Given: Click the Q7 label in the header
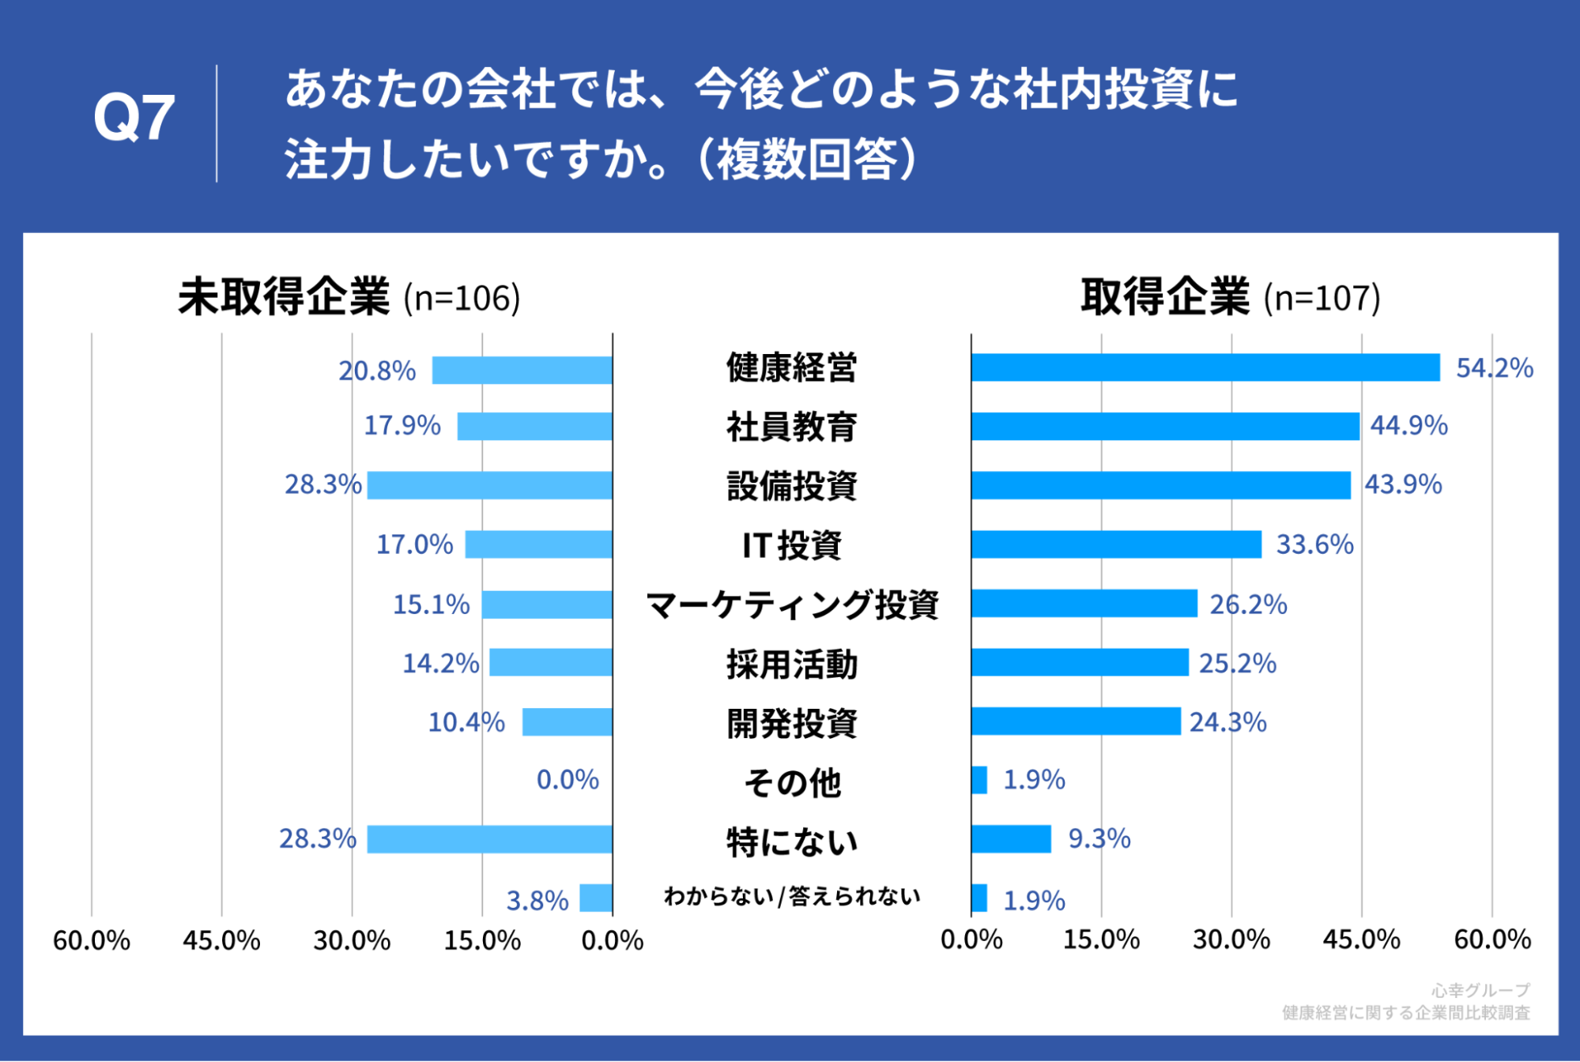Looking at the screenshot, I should pos(134,119).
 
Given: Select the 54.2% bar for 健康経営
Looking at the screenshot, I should pos(1205,367).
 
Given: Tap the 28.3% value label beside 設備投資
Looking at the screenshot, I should pos(322,484).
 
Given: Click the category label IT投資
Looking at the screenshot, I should pos(792,545).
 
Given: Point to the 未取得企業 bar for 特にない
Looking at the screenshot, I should pos(489,838).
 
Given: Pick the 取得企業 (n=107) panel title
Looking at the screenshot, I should pos(1230,298).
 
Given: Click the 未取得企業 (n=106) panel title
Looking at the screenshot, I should pos(349,298).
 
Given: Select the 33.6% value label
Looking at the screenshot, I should pos(1314,544).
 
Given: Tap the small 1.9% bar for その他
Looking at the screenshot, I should pos(979,780).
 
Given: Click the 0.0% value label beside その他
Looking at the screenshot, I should pos(568,780).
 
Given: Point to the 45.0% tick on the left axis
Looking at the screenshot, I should pos(221,940).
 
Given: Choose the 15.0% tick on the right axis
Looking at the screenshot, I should pos(1101,940).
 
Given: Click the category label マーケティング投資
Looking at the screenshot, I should pos(792,604).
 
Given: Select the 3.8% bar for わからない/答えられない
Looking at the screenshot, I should pos(596,898).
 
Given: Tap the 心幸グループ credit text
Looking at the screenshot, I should pos(1480,990).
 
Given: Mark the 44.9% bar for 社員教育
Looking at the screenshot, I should pos(1165,426).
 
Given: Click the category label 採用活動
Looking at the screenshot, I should pos(792,664).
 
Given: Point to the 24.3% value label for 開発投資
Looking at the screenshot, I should pos(1227,722).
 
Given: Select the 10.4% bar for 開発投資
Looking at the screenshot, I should pos(567,722).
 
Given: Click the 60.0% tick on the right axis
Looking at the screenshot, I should pos(1491,940).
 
